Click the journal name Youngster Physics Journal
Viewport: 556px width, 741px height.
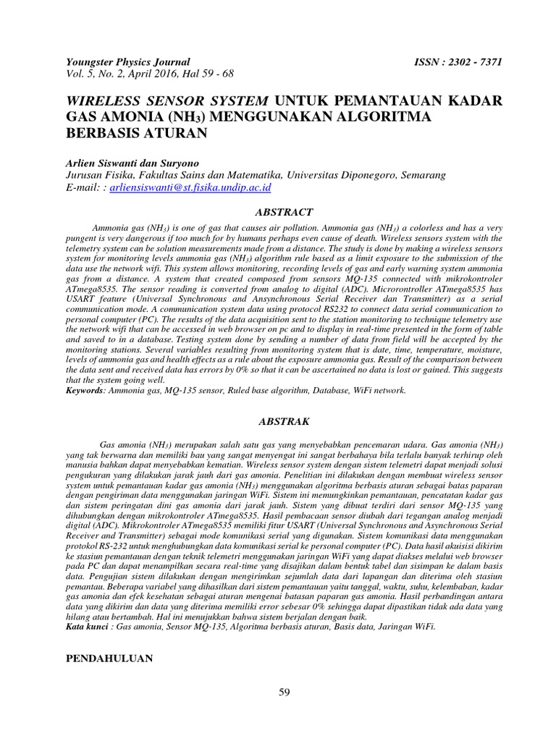coord(127,62)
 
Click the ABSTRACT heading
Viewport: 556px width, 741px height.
coord(285,212)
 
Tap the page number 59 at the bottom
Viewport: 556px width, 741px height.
coord(285,693)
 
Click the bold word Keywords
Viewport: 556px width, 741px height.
coord(85,389)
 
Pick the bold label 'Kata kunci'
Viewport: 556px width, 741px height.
coord(89,627)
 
